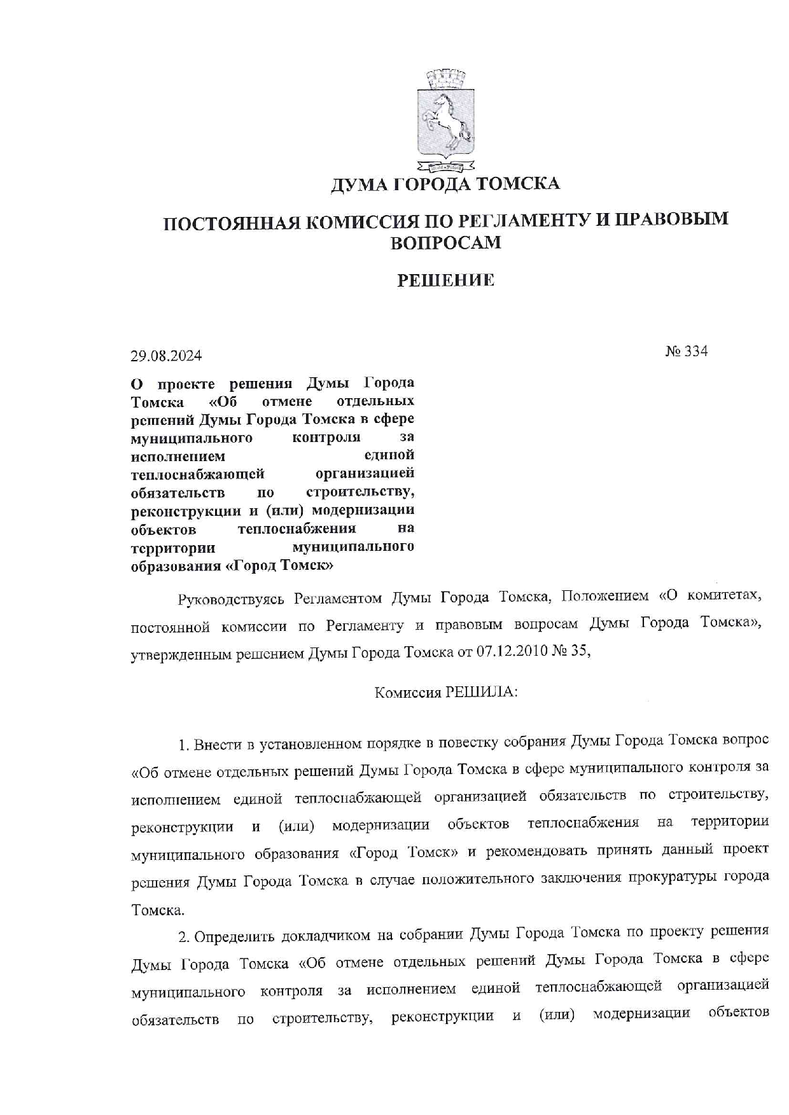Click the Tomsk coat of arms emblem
(x=445, y=121)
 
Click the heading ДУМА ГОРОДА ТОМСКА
(x=445, y=184)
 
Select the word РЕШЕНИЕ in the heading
(x=445, y=280)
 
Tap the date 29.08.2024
(x=166, y=356)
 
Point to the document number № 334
(x=687, y=352)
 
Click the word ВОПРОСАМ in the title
(x=445, y=243)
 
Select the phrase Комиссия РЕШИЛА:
(x=445, y=693)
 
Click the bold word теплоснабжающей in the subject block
(x=197, y=474)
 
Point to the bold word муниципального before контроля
(x=191, y=438)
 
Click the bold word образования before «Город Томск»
(x=175, y=565)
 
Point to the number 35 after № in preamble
(x=580, y=653)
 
